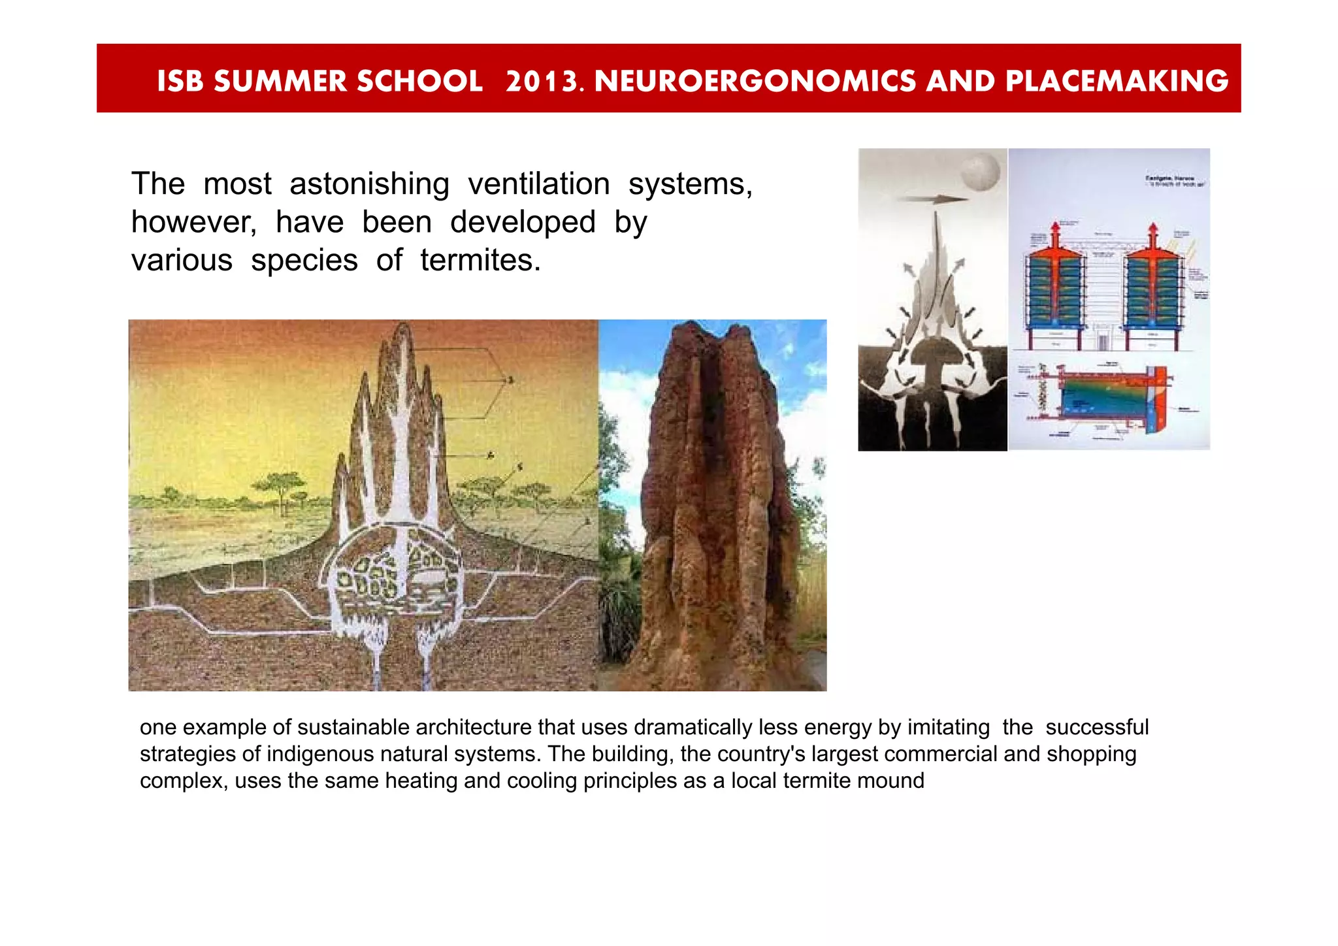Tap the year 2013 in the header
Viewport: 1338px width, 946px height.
[541, 81]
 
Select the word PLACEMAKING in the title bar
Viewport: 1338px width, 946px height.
[1117, 81]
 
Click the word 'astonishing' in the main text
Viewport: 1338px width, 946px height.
[369, 184]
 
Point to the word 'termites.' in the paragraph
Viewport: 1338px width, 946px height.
[480, 261]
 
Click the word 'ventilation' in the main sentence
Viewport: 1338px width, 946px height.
[538, 184]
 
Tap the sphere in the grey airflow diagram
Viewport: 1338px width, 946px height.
[981, 171]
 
